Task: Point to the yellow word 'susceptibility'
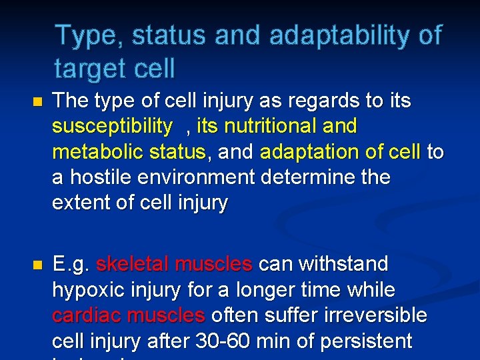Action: [112, 126]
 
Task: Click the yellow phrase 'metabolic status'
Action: [129, 152]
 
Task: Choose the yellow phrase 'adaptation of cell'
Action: [340, 152]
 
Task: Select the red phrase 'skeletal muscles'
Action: [174, 265]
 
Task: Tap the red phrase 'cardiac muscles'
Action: [128, 316]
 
